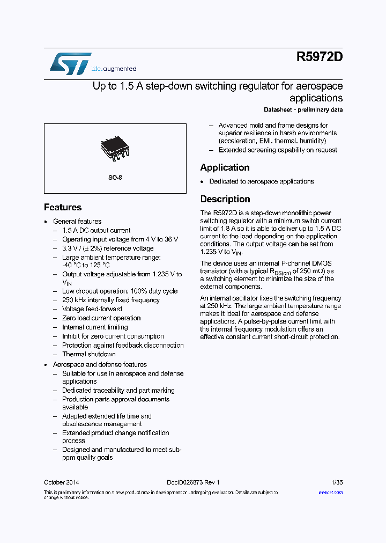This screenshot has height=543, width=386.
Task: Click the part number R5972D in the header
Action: [319, 57]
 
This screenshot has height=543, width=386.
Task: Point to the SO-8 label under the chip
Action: [115, 177]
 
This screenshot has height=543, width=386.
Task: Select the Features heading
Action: [63, 207]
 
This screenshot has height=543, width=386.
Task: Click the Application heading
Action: [225, 167]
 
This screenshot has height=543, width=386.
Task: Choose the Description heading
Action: [225, 199]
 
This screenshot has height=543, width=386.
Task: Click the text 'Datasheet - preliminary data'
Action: [303, 109]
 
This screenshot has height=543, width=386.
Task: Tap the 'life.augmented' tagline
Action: [114, 69]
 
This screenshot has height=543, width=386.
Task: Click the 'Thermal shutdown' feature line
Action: [88, 354]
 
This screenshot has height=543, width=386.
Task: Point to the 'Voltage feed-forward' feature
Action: [92, 309]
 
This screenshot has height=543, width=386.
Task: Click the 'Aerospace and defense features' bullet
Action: [100, 364]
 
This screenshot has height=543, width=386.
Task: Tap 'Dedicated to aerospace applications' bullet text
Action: [261, 181]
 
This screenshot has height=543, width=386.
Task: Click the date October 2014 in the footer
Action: [61, 482]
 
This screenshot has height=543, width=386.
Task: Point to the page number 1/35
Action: [337, 482]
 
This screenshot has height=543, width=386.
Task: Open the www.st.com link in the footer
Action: [330, 492]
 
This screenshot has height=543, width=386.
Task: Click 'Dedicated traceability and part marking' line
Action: [118, 391]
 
